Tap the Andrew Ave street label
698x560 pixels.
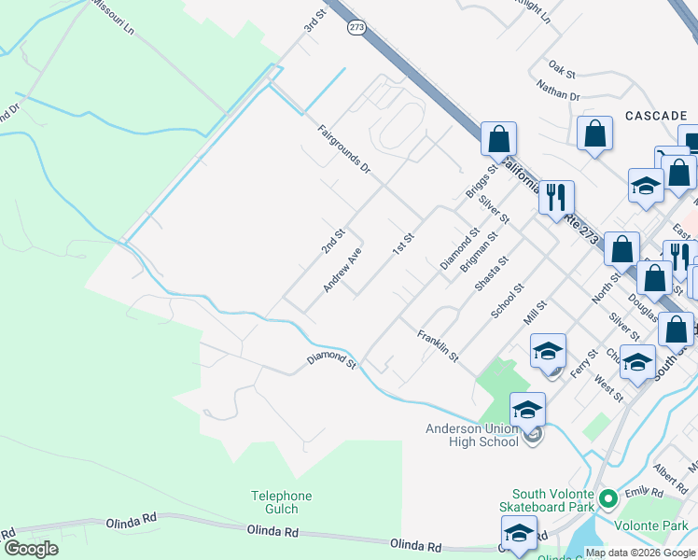pos(342,271)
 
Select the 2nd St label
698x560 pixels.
pos(333,242)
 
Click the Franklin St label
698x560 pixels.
pos(439,346)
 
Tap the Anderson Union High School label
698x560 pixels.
pos(471,435)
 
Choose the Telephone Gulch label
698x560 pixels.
pos(281,502)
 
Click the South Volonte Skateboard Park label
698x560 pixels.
pos(555,500)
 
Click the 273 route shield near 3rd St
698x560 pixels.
pos(356,28)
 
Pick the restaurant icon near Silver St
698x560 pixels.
pos(556,198)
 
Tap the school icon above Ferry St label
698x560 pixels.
pos(548,351)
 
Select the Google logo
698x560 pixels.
pos(31,549)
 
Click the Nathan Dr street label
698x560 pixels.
pos(558,90)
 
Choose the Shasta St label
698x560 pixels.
pos(491,274)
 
